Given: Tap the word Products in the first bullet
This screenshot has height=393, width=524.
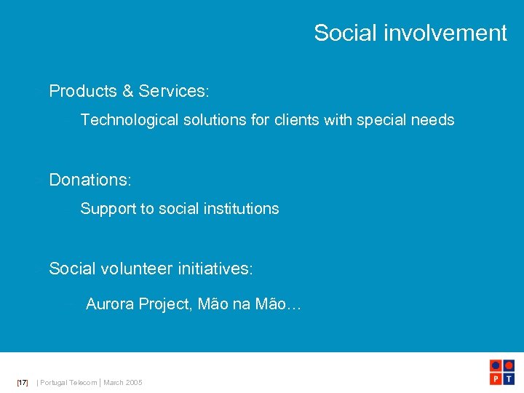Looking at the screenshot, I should coord(83,91).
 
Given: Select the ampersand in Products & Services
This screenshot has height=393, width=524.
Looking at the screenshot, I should coord(128,91).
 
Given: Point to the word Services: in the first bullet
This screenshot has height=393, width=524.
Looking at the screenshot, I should coord(174,91).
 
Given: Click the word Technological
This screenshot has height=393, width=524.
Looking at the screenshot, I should coord(129,120).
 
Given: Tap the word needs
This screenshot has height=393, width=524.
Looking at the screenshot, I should coord(434,120).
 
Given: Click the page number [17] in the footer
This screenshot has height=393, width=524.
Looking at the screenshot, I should coord(23,382).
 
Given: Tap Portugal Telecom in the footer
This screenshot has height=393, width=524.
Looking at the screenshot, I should coord(68,382).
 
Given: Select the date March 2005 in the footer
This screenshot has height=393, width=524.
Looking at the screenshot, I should coord(123,382).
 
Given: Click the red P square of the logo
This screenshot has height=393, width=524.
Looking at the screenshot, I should coord(496,378).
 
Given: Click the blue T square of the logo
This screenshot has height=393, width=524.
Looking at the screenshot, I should coord(509,378).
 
